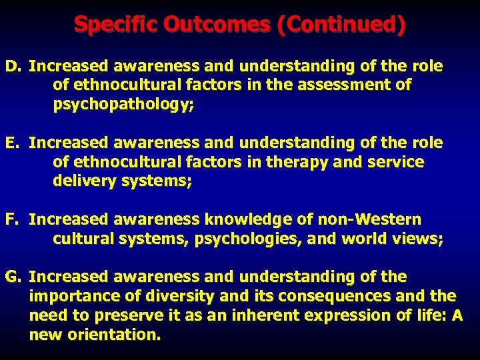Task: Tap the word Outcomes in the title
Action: pyautogui.click(x=213, y=25)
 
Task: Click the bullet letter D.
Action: pyautogui.click(x=14, y=67)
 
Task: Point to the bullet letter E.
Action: pyautogui.click(x=13, y=143)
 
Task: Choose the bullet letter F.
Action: pyautogui.click(x=13, y=219)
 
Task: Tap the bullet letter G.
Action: pyautogui.click(x=14, y=276)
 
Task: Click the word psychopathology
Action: pyautogui.click(x=123, y=105)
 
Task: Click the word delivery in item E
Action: pyautogui.click(x=83, y=181)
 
